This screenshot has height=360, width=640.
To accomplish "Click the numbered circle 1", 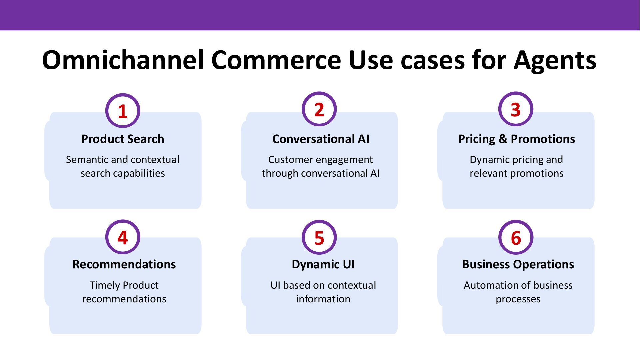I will (123, 111).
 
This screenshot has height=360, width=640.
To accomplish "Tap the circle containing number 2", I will (319, 109).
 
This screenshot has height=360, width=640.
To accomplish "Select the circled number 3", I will (516, 109).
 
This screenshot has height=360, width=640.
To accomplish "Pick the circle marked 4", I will (123, 237).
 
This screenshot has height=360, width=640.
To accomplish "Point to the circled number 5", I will (319, 237).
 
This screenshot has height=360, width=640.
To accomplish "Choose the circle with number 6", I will (516, 237).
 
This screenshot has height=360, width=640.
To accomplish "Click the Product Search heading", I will (123, 139).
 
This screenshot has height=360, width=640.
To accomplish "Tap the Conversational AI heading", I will (321, 139).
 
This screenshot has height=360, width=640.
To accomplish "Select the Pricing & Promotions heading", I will (516, 139).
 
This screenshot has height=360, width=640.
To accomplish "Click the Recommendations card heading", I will (124, 264).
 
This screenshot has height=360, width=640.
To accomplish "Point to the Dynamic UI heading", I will (323, 264).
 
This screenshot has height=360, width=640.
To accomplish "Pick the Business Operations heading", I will (518, 264).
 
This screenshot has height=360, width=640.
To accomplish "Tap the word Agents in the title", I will (555, 60).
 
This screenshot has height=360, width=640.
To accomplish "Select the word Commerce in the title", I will (276, 60).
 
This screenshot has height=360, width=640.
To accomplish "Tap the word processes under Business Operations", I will (518, 299).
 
